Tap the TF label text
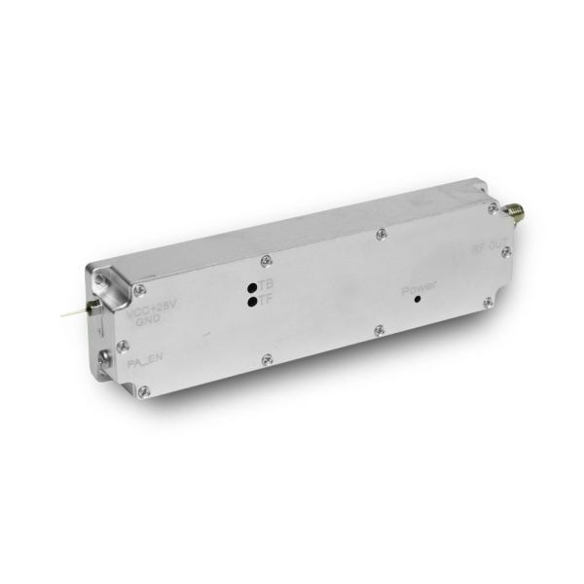pos(267,301)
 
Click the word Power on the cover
pos(420,289)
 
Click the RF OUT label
pos(490,247)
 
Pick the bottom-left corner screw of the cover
pos(145,390)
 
